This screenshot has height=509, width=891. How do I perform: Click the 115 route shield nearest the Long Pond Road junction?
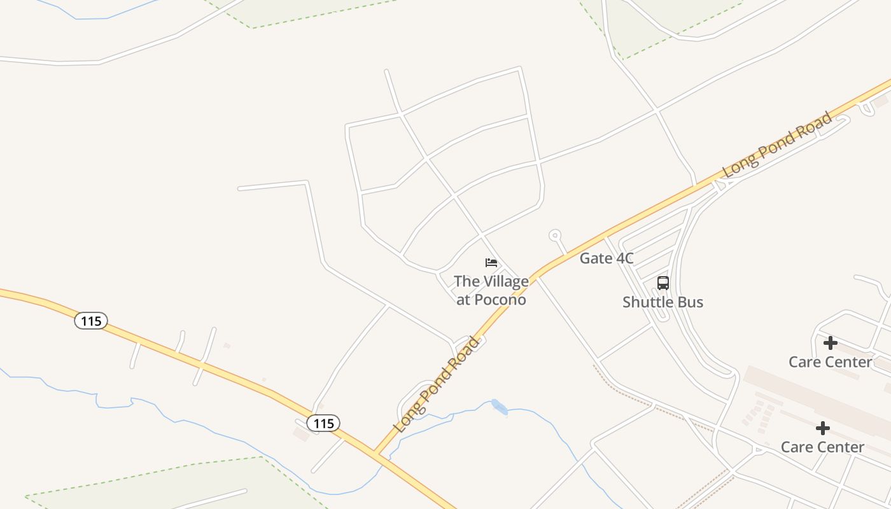click(x=323, y=423)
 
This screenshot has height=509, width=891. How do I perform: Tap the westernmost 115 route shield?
click(x=91, y=321)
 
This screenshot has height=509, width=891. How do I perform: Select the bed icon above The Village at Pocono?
click(x=491, y=263)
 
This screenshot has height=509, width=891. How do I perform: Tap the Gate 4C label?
click(x=607, y=258)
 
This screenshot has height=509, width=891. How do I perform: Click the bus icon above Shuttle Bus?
click(x=663, y=283)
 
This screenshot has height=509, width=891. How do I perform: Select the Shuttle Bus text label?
click(x=663, y=302)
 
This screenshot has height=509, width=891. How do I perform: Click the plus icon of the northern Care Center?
click(x=830, y=344)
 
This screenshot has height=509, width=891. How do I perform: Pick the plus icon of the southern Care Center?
click(x=822, y=428)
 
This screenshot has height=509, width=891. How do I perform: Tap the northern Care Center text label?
click(x=830, y=362)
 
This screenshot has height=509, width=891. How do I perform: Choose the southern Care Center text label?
click(x=822, y=447)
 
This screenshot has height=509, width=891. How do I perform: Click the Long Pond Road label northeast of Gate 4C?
click(x=777, y=144)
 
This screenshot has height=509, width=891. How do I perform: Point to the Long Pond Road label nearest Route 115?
click(x=437, y=386)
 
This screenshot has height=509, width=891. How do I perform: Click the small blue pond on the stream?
click(x=500, y=407)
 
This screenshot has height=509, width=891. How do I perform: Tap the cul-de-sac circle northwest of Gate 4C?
click(x=555, y=235)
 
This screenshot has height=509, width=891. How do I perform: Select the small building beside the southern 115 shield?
click(x=301, y=434)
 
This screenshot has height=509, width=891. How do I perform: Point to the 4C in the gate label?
click(x=623, y=258)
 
